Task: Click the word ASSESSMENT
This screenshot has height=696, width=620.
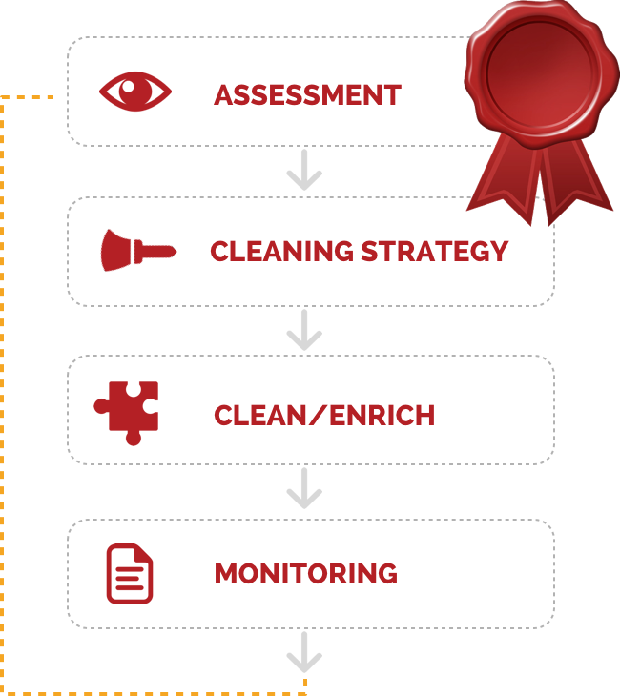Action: coord(307,94)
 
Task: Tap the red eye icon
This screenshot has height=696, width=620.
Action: coord(135,92)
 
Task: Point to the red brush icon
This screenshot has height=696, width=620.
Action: coord(137,250)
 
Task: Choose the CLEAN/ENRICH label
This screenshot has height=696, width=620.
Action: coord(324,415)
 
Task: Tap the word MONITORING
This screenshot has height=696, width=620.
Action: coord(305,573)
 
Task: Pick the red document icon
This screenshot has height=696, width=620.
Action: coord(129,573)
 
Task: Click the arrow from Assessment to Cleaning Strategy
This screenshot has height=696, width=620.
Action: coord(304,173)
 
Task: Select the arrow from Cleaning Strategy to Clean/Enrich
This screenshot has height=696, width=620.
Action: coord(304,332)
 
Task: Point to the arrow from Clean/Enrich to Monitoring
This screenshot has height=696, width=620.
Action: coord(304,490)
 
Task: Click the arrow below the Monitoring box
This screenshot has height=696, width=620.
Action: coord(304,654)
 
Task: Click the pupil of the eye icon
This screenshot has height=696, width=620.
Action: coord(135,92)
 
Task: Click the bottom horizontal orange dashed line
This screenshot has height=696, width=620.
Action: coord(153,687)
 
